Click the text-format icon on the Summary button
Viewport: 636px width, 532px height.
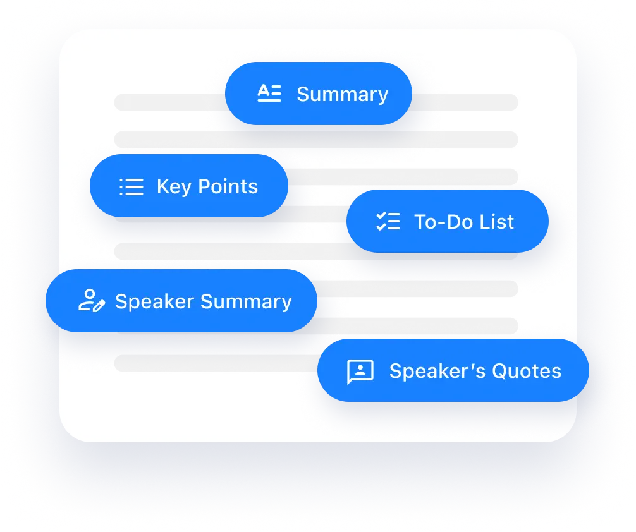click(x=269, y=93)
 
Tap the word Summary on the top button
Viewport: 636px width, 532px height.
click(x=343, y=95)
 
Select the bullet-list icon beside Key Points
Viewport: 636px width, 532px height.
click(x=131, y=187)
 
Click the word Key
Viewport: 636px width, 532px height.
click(x=174, y=187)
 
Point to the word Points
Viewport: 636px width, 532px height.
click(x=228, y=186)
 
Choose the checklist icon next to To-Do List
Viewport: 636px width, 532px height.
click(x=388, y=221)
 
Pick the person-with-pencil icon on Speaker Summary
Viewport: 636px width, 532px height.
click(x=92, y=301)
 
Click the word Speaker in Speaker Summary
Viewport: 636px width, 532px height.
click(x=154, y=302)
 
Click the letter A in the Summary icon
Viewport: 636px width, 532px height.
click(x=264, y=90)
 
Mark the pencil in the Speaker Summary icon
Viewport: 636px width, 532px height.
click(x=99, y=306)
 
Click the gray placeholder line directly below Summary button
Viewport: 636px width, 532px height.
click(x=316, y=140)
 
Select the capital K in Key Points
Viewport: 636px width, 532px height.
click(x=163, y=186)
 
